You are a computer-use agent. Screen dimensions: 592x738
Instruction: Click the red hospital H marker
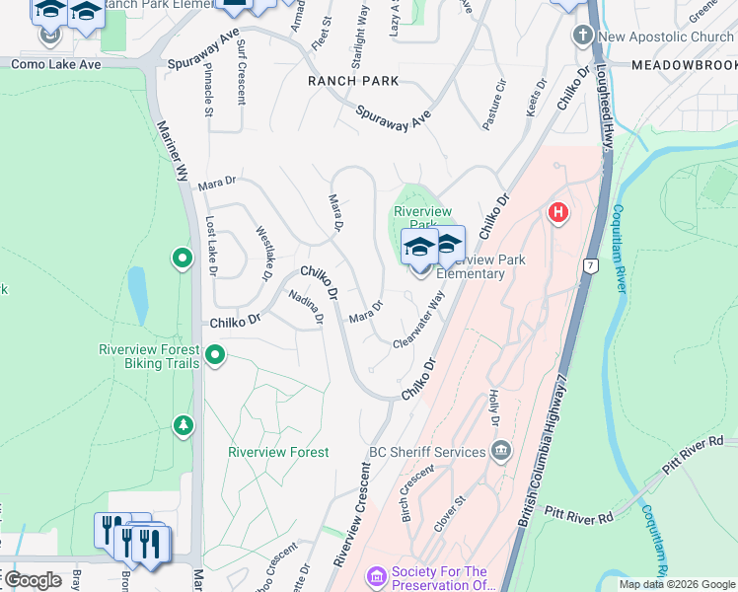pos(558,212)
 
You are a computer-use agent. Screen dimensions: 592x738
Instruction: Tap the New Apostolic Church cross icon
pos(583,37)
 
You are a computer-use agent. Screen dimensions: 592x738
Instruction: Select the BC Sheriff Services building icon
pos(501,451)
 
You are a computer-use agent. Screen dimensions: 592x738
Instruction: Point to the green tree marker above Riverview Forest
pos(183,424)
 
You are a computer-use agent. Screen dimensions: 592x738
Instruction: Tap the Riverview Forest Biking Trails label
pos(149,356)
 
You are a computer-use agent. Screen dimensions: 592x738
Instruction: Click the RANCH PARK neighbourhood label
pos(353,81)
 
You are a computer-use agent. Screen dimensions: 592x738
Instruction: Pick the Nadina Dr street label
pos(306,307)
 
